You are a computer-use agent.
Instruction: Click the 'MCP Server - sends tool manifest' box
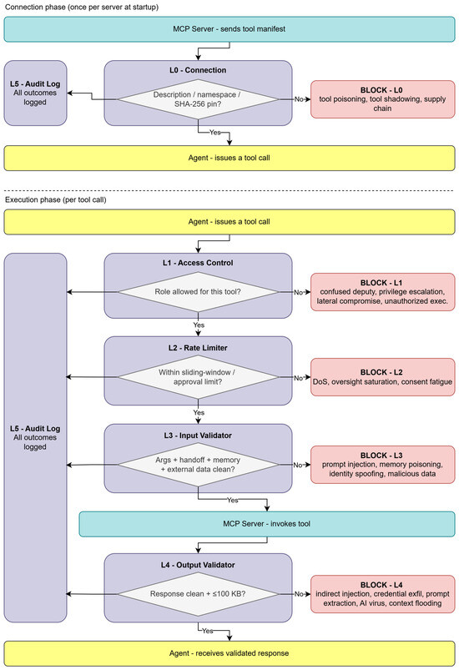coord(229,29)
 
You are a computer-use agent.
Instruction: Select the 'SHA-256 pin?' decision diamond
coord(198,99)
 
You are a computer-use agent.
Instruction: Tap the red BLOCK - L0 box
coord(382,99)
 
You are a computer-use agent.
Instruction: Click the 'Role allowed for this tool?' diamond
coord(198,292)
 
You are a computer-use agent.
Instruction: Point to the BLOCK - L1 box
coord(382,292)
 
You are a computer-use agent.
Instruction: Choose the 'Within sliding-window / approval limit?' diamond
coord(198,377)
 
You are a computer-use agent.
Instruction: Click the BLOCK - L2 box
coord(382,377)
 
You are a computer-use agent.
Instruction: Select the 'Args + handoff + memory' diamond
coord(198,465)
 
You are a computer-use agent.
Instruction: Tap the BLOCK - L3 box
coord(382,465)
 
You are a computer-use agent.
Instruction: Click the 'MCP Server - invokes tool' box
coord(267,524)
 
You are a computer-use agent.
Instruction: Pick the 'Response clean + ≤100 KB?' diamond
coord(198,594)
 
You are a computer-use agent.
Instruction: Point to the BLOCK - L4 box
coord(382,594)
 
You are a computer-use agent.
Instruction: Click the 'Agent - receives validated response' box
coord(229,653)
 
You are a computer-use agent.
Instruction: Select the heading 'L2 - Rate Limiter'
coord(198,348)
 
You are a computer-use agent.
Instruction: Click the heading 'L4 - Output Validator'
coord(198,565)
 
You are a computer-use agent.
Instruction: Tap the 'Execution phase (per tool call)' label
coord(56,199)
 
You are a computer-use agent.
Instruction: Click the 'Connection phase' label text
coord(34,7)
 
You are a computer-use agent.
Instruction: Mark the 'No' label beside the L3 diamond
coord(298,465)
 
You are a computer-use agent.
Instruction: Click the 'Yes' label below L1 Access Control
coord(199,325)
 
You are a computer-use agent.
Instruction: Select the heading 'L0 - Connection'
coord(198,70)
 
